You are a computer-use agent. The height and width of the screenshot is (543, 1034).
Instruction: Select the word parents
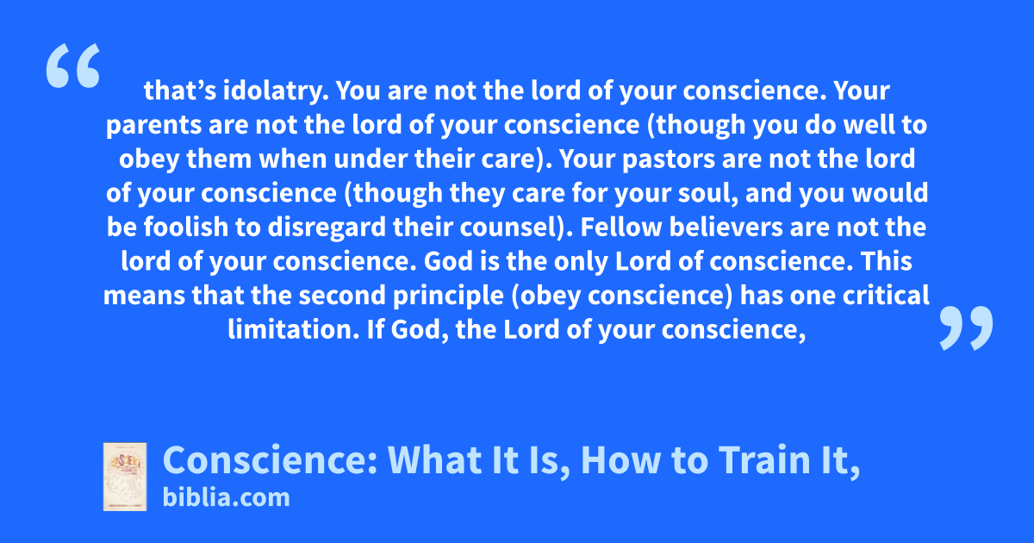coord(153,126)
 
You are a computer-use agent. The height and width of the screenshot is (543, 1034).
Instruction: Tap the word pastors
coord(669,159)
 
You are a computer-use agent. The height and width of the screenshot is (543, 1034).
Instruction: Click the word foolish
coord(186,228)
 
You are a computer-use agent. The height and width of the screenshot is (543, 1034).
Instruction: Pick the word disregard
coord(327,228)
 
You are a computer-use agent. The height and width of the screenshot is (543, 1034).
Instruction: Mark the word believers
coord(726,228)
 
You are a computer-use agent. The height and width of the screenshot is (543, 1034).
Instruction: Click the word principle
coord(448,296)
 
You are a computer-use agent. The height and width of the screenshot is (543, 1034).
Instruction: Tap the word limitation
coord(294,329)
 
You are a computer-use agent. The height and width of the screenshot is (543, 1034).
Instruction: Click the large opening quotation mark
coord(73,66)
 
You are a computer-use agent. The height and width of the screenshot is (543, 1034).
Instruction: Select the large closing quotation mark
coord(966,328)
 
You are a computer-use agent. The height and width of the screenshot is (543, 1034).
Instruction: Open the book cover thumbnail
coord(125,477)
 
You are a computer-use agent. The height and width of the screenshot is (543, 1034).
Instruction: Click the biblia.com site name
coord(226,498)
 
